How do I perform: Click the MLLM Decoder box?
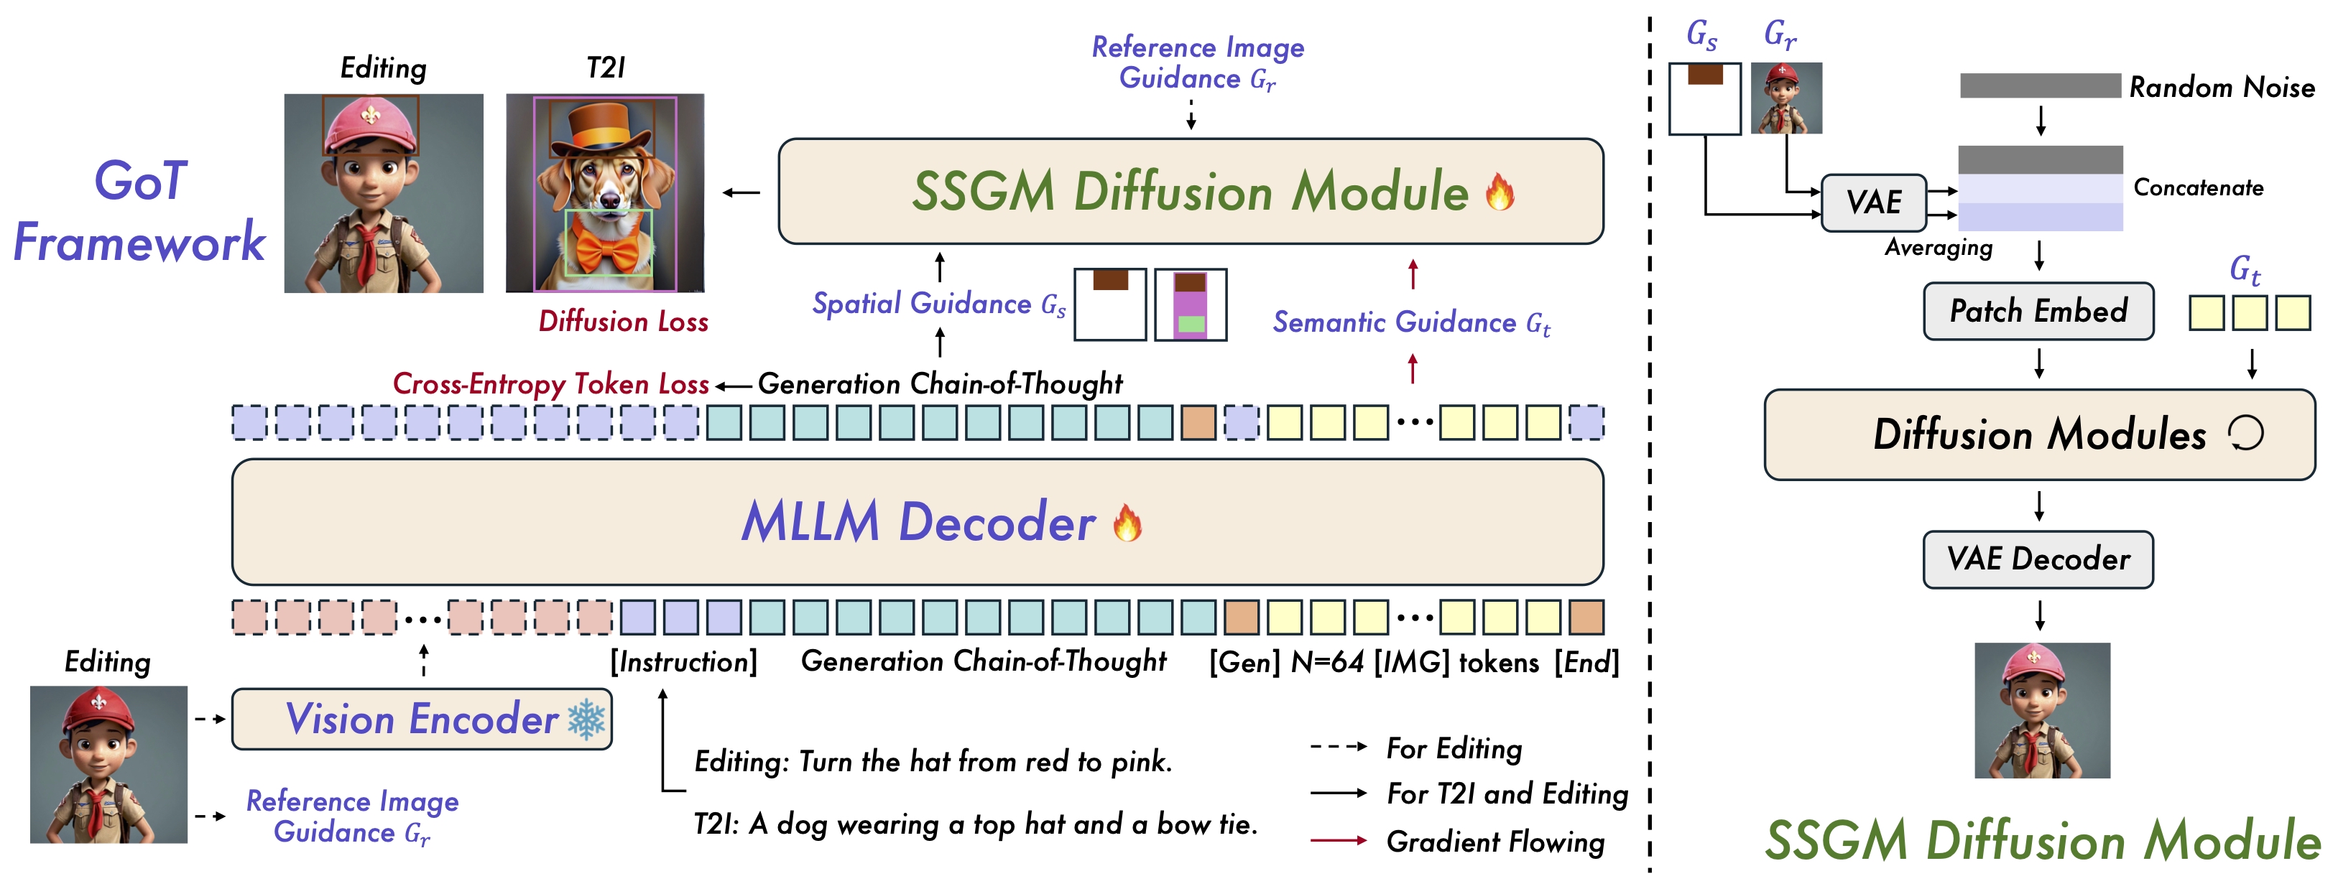[x=918, y=522]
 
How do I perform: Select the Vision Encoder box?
[x=422, y=719]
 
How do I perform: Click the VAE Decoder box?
[x=2038, y=559]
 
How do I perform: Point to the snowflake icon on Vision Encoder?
[x=587, y=720]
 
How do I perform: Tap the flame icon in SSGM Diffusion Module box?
[x=1500, y=191]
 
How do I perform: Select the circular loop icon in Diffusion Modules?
[x=2246, y=434]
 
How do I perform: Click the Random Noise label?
[x=2222, y=87]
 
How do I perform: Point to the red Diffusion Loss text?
[x=623, y=322]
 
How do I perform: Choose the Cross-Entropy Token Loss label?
[x=550, y=384]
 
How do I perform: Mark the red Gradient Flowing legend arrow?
[x=1339, y=841]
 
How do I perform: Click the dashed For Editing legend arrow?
[x=1339, y=747]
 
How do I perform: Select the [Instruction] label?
[x=684, y=663]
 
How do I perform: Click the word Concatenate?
[x=2198, y=187]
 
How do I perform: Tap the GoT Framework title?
[x=139, y=211]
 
